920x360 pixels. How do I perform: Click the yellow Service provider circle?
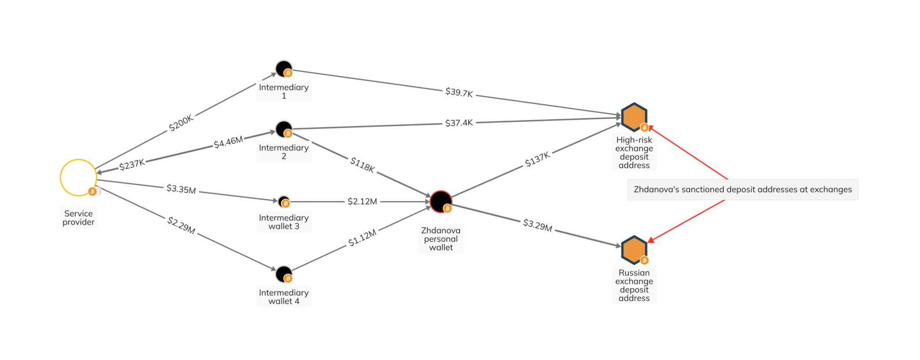(61, 178)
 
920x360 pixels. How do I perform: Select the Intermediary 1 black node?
(284, 69)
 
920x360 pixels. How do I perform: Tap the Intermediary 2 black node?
(284, 129)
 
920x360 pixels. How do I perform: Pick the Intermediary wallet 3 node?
(284, 202)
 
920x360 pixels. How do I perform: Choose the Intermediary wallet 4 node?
(284, 274)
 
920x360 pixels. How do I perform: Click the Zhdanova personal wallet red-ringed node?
(441, 201)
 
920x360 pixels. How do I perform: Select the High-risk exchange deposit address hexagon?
(634, 117)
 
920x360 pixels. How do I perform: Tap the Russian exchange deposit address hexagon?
(634, 250)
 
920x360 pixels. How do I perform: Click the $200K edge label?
(181, 123)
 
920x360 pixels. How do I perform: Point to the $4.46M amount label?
(228, 142)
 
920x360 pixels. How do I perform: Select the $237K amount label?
(132, 164)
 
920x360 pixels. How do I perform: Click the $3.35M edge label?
(181, 189)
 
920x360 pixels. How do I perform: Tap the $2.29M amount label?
(181, 225)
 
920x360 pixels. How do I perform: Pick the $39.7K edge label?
(459, 93)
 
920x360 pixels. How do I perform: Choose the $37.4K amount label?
(459, 123)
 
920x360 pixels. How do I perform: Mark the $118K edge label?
(363, 164)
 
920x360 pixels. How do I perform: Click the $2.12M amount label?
(363, 201)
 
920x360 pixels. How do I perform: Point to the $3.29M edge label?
(538, 225)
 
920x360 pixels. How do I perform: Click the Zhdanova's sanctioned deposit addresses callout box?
(743, 190)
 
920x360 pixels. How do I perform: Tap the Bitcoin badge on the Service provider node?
(92, 191)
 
